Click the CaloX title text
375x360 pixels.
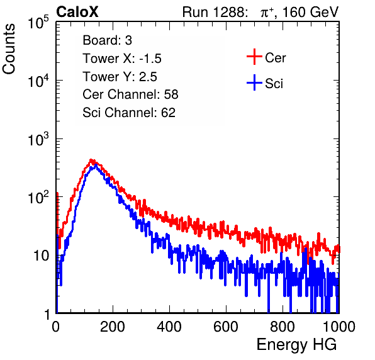pos(77,12)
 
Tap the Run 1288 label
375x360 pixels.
pos(214,12)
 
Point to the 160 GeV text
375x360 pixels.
pos(310,12)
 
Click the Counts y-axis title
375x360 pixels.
pos(9,49)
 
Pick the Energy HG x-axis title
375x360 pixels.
pos(296,345)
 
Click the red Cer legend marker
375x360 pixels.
pos(254,57)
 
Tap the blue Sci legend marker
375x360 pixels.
pos(254,82)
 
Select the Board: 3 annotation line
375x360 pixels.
pos(107,40)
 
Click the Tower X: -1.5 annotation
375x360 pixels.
pos(122,59)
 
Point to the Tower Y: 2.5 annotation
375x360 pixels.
pos(120,77)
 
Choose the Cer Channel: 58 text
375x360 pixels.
pos(130,94)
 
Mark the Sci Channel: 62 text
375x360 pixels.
pos(129,113)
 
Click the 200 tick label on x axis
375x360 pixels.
pos(113,326)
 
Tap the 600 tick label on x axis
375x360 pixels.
pos(226,326)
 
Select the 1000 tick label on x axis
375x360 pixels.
pos(339,326)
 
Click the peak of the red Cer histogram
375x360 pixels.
pos(91,160)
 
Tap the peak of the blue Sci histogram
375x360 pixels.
pos(96,165)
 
